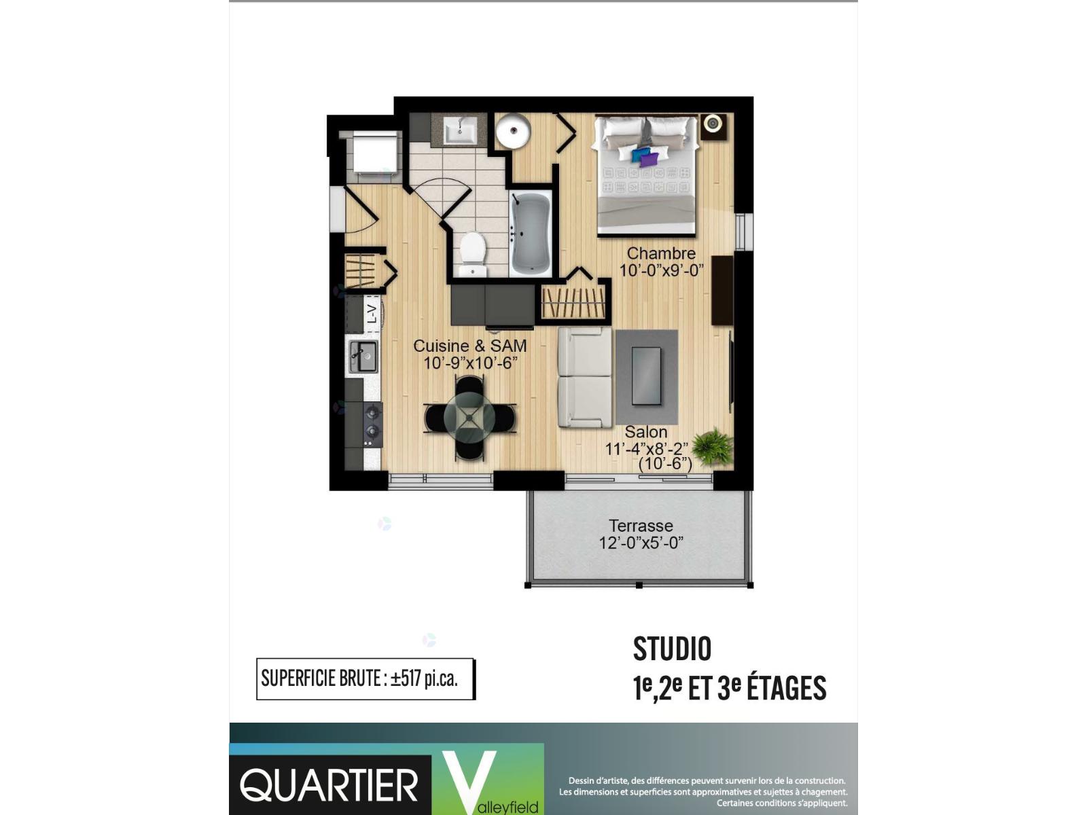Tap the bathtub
coord(531,234)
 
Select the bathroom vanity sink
coord(460,130)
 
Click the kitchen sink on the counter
coord(363,357)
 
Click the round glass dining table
coord(469,418)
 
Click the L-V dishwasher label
coord(372,313)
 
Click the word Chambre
coord(661,253)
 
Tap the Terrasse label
coord(641,525)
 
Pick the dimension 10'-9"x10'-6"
coord(470,363)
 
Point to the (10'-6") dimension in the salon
coord(665,464)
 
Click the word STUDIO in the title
coord(672,649)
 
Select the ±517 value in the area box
coord(405,679)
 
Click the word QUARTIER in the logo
coord(329,785)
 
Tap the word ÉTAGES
coord(786,689)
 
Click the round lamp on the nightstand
coord(712,123)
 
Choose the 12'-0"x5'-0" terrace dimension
coord(641,543)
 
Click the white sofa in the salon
coord(585,376)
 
